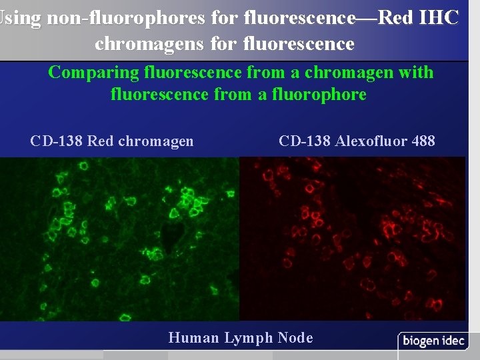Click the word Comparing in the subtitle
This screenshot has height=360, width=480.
87,72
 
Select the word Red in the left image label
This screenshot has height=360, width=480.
101,141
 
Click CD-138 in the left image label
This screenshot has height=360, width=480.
57,141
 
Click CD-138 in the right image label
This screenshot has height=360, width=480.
305,141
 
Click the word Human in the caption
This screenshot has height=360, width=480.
193,338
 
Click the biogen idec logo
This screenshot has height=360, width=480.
433,341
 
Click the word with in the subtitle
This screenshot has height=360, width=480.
415,72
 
